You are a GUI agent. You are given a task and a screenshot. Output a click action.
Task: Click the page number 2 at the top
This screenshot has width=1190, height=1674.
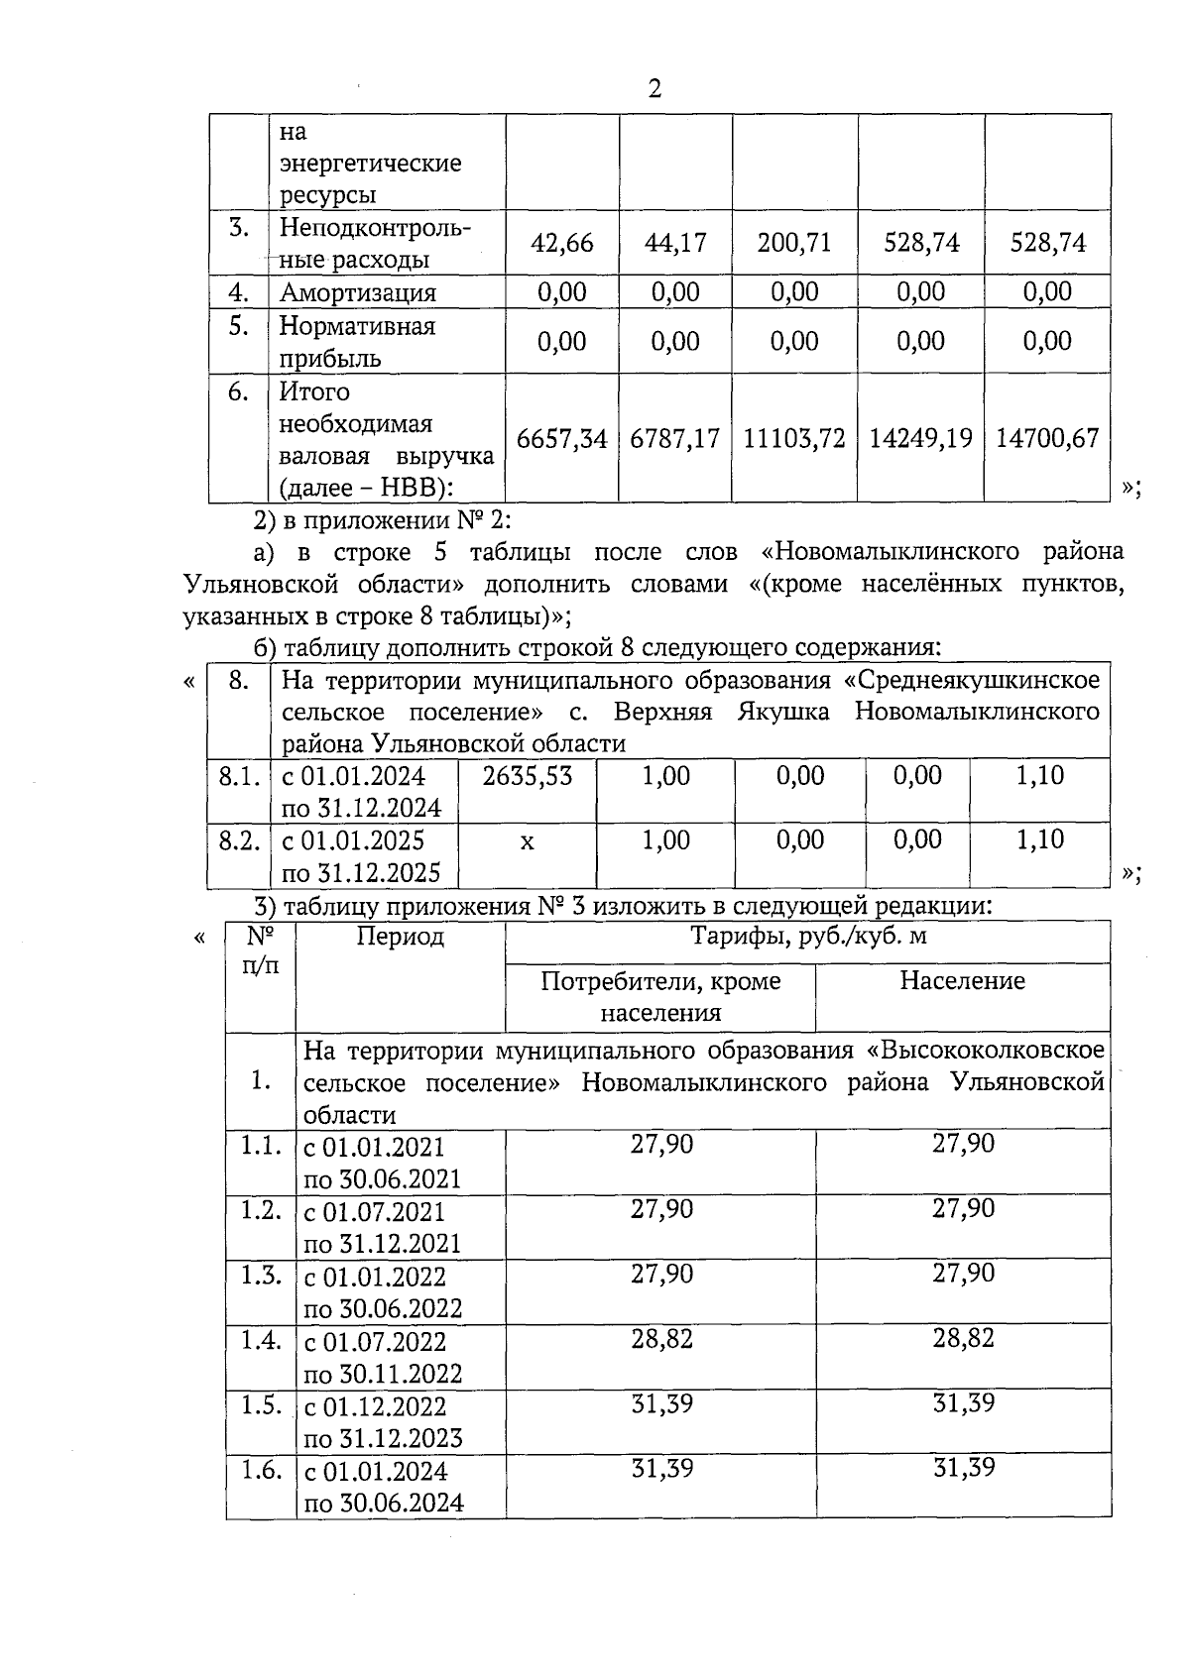654,89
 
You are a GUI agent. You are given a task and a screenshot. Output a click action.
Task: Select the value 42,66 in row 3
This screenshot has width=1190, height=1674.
562,243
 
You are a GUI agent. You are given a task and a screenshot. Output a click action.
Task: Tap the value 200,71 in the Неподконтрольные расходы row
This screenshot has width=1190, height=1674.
794,243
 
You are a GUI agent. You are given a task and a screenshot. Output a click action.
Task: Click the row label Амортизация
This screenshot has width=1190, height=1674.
358,292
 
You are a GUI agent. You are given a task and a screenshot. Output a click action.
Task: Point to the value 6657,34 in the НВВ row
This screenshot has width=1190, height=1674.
562,438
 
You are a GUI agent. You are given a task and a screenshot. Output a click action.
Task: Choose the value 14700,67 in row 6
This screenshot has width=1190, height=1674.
1047,438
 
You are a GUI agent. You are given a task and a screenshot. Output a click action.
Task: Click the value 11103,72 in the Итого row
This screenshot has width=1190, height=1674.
794,438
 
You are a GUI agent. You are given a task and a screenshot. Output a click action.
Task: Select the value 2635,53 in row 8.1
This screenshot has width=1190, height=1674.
528,776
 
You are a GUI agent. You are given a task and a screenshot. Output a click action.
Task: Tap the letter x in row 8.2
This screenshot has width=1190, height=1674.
528,841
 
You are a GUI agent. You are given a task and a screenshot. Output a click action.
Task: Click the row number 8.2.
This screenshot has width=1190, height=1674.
239,841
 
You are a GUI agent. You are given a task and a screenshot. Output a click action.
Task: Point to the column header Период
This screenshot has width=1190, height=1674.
401,936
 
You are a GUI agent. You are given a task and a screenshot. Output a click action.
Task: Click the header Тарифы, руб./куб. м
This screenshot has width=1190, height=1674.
808,936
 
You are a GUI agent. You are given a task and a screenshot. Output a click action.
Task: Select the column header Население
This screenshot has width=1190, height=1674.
962,981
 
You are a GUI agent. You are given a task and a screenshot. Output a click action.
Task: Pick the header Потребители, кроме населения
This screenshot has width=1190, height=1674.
660,996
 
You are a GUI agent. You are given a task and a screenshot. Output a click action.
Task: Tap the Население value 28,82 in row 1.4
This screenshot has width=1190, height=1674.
963,1339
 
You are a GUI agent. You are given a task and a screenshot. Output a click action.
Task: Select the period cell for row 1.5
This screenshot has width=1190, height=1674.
383,1421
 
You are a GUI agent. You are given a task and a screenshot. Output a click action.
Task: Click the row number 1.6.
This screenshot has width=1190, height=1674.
262,1470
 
